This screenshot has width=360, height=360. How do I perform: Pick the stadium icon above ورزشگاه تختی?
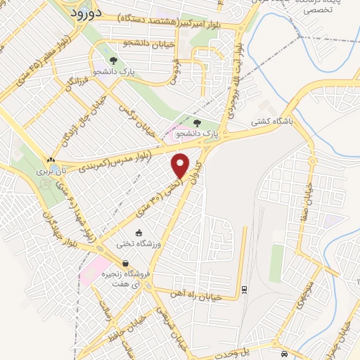(139, 233)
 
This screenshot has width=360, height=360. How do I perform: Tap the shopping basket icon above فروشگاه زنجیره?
(124, 264)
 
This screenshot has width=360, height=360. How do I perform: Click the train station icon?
(244, 289)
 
